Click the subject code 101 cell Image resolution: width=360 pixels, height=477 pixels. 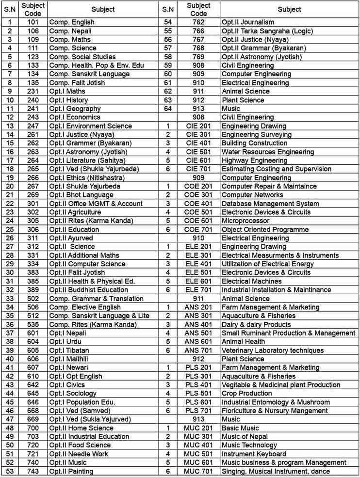[33, 22]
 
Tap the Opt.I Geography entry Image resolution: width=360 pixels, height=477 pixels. [75, 109]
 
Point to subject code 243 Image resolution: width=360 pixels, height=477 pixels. [33, 117]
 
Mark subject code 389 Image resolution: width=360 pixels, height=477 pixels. [33, 290]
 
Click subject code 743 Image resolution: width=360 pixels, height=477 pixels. [33, 471]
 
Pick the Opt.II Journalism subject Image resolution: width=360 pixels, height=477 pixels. [248, 22]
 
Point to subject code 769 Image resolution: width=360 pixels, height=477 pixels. [198, 57]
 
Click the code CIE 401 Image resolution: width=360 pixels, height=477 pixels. [198, 143]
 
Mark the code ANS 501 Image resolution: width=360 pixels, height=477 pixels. [198, 333]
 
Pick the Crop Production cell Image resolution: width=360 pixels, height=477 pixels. [246, 394]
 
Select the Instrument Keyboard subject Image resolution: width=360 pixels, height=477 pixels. [254, 454]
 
